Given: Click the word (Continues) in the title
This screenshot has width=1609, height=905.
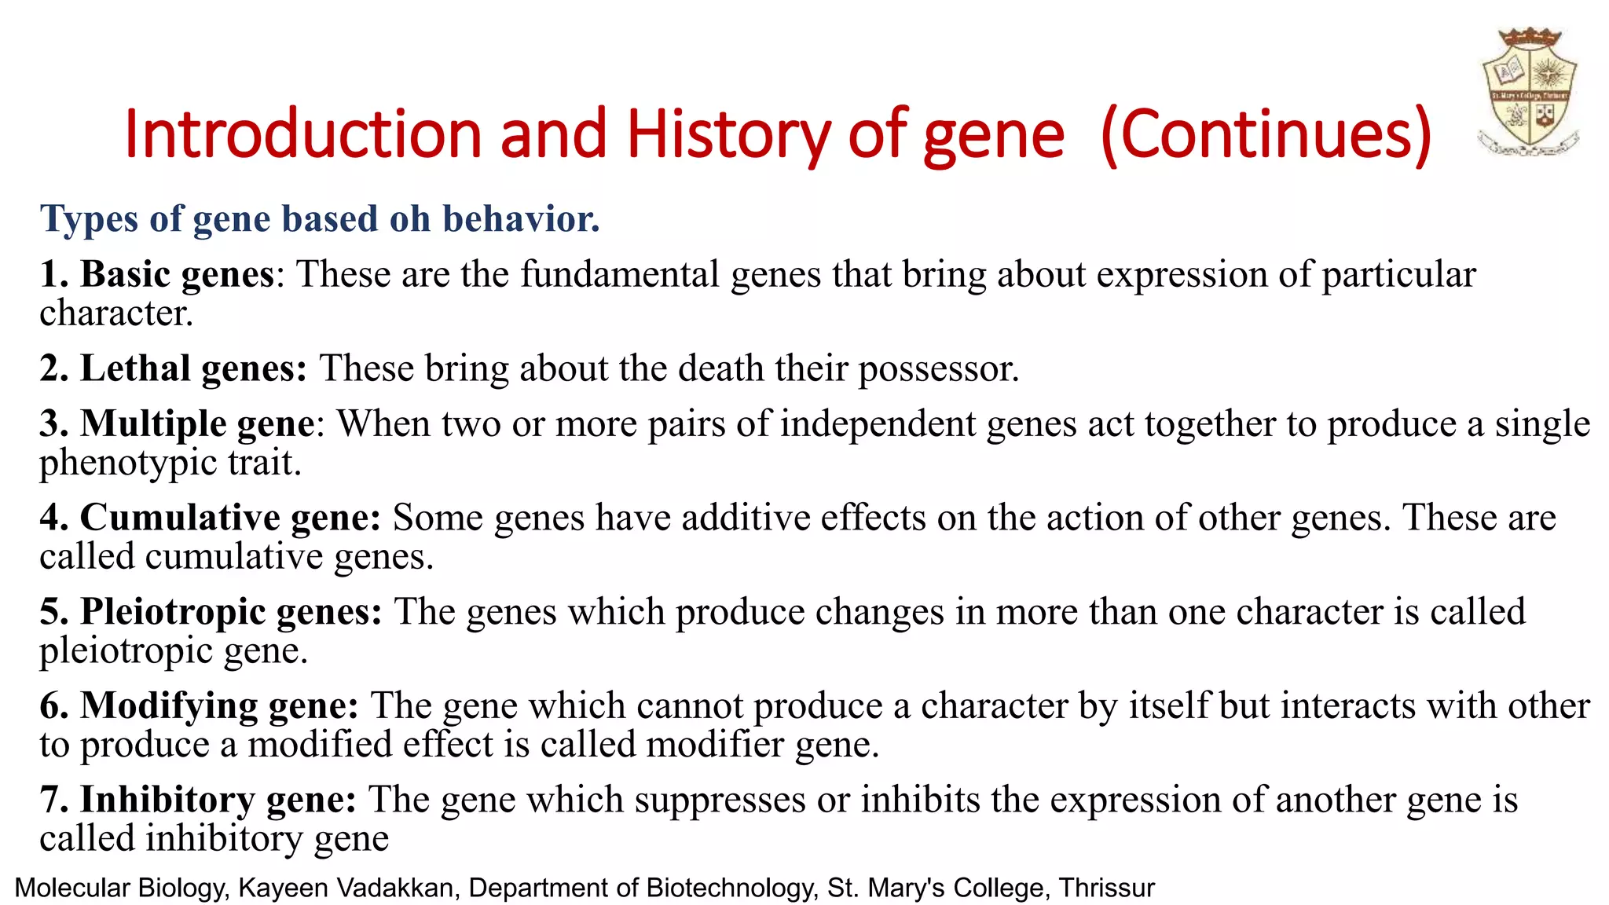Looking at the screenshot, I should coord(1266,135).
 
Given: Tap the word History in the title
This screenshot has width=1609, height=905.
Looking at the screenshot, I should coord(728,135).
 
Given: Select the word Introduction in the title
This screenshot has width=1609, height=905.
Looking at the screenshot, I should coord(302,135).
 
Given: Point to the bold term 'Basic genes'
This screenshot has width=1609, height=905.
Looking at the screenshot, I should coord(178,275).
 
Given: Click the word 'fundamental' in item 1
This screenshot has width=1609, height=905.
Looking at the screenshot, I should coord(620,275).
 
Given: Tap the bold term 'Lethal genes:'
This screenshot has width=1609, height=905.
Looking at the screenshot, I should coord(193,368).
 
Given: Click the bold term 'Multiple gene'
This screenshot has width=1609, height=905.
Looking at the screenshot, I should coord(197,424).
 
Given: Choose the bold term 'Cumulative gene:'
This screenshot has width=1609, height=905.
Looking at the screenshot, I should coord(230,518).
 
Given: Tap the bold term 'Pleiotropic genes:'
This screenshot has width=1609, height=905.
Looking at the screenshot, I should coord(231,612).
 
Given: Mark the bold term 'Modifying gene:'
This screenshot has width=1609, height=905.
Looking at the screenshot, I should coord(219,705).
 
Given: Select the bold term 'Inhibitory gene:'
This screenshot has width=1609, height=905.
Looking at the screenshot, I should coord(218,800).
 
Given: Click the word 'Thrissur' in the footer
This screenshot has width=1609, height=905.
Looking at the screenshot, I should coord(1106,888).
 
